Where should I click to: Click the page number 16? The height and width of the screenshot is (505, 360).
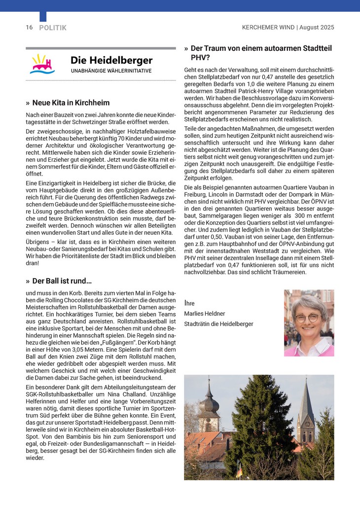[29, 28]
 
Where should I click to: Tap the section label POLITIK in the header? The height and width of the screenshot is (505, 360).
[53, 28]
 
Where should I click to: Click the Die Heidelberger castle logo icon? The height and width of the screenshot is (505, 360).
[43, 64]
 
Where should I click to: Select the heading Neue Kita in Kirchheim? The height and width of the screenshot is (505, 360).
[71, 103]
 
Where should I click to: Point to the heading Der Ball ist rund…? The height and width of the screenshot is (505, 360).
[62, 281]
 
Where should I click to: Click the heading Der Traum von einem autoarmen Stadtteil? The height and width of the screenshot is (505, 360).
[261, 48]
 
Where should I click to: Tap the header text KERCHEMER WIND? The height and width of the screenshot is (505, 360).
[268, 28]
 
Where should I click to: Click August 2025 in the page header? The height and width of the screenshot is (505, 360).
[317, 28]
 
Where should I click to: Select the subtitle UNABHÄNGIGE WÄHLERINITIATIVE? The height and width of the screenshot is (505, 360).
[110, 71]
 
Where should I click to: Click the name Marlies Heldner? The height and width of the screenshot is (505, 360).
[204, 314]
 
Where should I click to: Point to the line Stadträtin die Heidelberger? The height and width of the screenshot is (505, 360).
[218, 324]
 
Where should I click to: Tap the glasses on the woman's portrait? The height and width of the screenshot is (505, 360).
[308, 318]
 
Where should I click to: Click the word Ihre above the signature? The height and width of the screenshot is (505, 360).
[189, 302]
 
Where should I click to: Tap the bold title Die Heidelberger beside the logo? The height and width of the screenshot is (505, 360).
[111, 60]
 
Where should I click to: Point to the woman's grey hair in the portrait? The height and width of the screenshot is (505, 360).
[308, 302]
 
